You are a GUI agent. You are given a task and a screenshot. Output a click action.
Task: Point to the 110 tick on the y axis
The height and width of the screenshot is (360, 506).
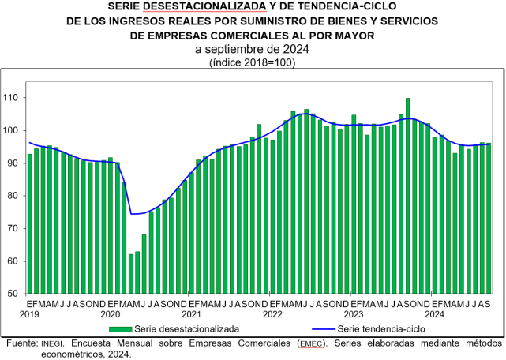pyautogui.click(x=13, y=98)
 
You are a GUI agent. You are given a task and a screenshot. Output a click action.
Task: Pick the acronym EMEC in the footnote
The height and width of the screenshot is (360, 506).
pyautogui.click(x=311, y=344)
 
